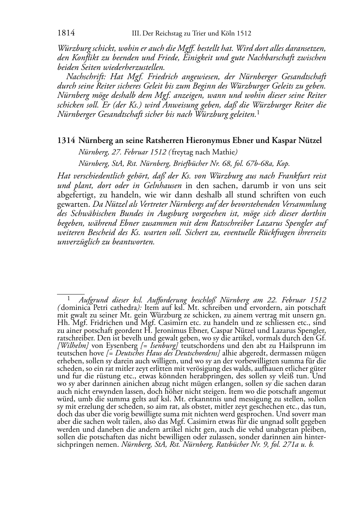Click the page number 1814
pyautogui.click(x=66, y=34)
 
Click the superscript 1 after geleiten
pyautogui.click(x=258, y=113)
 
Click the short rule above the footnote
pyautogui.click(x=71, y=293)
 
